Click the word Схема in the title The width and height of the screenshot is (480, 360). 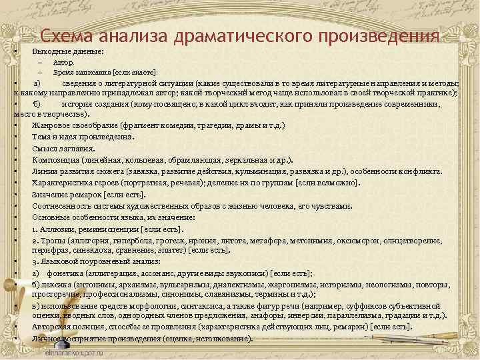(x=67, y=36)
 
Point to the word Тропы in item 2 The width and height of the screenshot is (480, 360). (x=53, y=240)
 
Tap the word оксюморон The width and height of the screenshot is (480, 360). (x=357, y=240)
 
